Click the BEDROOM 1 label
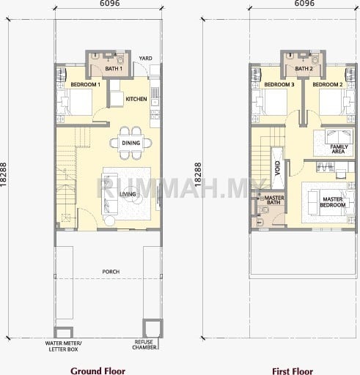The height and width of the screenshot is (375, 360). click(85, 84)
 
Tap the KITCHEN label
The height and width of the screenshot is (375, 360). click(136, 99)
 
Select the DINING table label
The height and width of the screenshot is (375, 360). click(131, 143)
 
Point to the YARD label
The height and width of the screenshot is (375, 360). click(145, 59)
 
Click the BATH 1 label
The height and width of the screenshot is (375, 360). click(114, 69)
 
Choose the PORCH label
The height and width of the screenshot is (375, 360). click(111, 272)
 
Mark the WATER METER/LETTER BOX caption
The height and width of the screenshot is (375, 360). click(63, 346)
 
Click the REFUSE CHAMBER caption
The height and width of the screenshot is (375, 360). click(144, 344)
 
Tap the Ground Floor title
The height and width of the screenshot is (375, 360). click(98, 371)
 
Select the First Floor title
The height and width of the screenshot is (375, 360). click(293, 371)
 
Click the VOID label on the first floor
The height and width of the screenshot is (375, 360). click(277, 168)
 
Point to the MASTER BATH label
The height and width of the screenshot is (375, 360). click(274, 200)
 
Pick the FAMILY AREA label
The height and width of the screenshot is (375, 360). click(339, 149)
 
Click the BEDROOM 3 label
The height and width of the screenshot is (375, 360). click(279, 84)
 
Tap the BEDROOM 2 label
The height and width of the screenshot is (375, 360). click(328, 84)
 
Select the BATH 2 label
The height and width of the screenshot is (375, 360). click(304, 69)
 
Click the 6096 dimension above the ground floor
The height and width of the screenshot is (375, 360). click(110, 3)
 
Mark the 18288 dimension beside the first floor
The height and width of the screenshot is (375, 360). click(198, 175)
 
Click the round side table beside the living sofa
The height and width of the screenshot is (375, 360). click(109, 220)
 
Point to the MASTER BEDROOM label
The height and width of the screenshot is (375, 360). click(333, 202)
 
